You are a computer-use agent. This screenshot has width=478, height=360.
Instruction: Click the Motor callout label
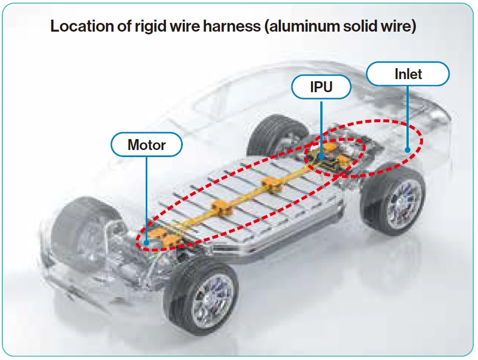tap(146, 145)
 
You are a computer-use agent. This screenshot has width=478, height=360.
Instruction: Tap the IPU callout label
tap(321, 87)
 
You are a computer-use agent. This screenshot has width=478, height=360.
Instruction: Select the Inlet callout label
tap(408, 74)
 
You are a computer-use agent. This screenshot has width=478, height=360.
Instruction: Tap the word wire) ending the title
tap(401, 27)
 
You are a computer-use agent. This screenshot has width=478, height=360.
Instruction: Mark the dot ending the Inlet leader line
tap(408, 149)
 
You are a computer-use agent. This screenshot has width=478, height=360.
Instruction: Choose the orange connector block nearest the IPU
tap(271, 185)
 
